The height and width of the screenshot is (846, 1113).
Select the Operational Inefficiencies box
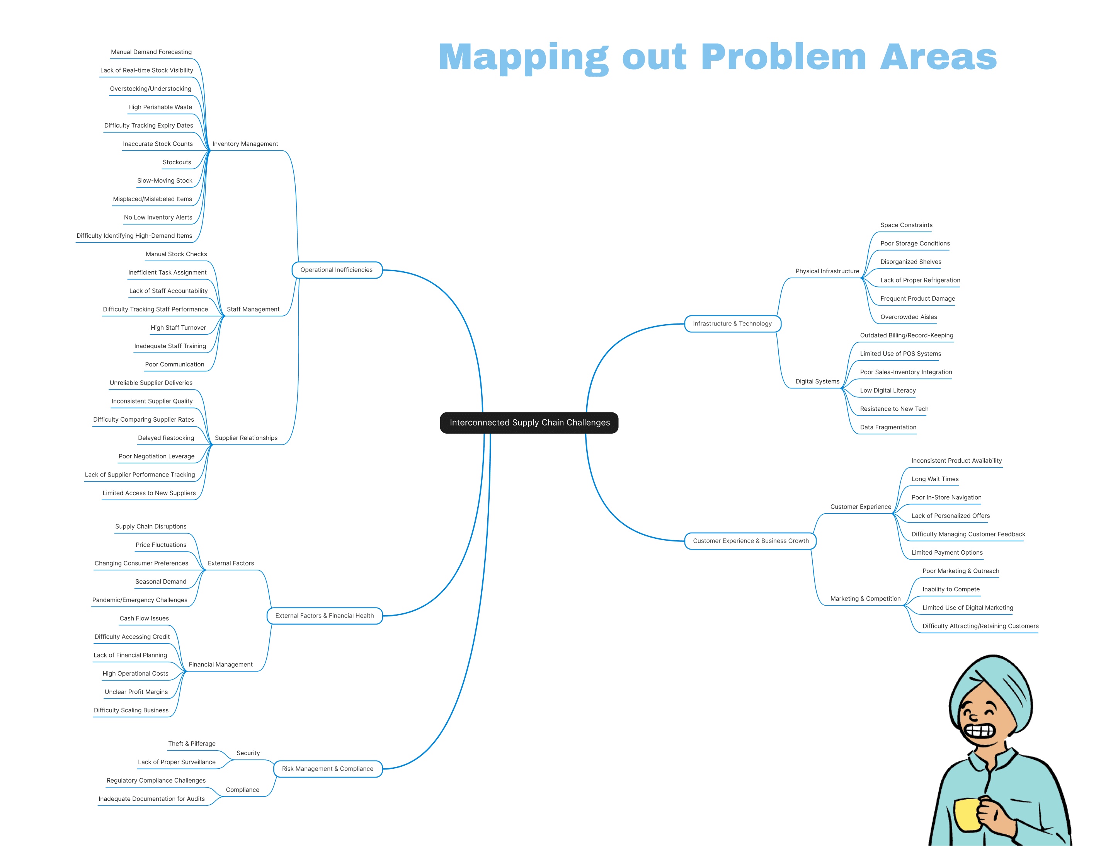[337, 270]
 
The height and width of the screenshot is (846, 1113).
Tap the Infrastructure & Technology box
[732, 324]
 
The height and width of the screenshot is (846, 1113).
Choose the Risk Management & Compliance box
[327, 769]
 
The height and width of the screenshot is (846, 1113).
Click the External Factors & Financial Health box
[324, 616]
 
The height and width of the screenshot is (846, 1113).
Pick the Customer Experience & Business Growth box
[751, 541]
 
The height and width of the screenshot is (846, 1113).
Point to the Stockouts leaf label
[177, 162]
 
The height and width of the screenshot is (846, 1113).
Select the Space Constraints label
[906, 225]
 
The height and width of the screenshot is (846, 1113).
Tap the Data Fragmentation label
[888, 427]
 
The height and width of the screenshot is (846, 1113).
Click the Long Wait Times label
[935, 479]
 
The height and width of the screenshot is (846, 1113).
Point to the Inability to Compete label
[951, 589]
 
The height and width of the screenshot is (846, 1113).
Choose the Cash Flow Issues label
[144, 618]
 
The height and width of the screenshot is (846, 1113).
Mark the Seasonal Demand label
[161, 582]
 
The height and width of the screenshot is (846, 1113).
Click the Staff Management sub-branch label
[253, 309]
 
